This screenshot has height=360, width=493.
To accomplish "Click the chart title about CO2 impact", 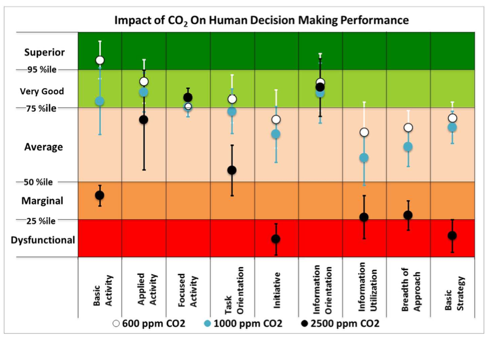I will point(261,21).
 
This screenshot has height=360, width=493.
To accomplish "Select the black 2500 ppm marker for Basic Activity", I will point(100,195).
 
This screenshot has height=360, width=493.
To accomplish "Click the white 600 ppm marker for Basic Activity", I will point(100,60).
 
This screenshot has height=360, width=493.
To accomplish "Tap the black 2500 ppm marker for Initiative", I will point(276,239).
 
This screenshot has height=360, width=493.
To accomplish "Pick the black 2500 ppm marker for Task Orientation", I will point(232,170).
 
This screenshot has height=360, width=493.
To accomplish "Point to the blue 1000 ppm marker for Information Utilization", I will point(364,158).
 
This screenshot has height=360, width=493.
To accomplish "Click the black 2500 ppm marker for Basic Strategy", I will point(452,235).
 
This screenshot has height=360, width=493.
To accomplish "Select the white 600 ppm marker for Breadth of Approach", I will point(408,127).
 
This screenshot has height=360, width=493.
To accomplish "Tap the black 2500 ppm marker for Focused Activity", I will point(188,97).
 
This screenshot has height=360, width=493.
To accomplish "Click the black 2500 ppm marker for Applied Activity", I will point(144,119).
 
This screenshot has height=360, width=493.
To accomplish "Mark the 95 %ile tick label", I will point(42,70).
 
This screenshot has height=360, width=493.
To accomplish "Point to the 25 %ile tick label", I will point(42,220).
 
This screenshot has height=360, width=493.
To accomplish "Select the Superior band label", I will point(44,52).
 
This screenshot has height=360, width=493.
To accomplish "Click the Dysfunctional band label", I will point(43,240).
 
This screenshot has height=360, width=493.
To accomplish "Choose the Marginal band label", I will point(42,201).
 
